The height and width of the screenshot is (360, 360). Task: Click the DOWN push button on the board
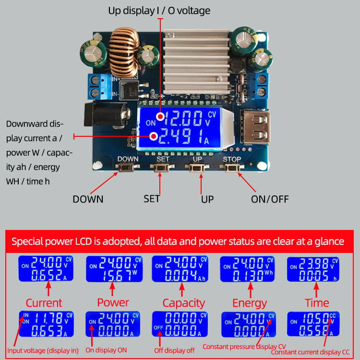(x=128, y=168)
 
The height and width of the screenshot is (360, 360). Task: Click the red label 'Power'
(x=113, y=302)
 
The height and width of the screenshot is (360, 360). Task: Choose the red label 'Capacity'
(x=183, y=303)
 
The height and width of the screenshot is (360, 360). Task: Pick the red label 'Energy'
(x=249, y=303)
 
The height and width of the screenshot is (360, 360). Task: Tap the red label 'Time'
(x=317, y=303)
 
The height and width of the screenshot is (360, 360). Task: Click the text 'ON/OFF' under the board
(x=270, y=199)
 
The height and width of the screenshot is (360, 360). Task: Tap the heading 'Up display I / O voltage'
(x=160, y=11)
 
